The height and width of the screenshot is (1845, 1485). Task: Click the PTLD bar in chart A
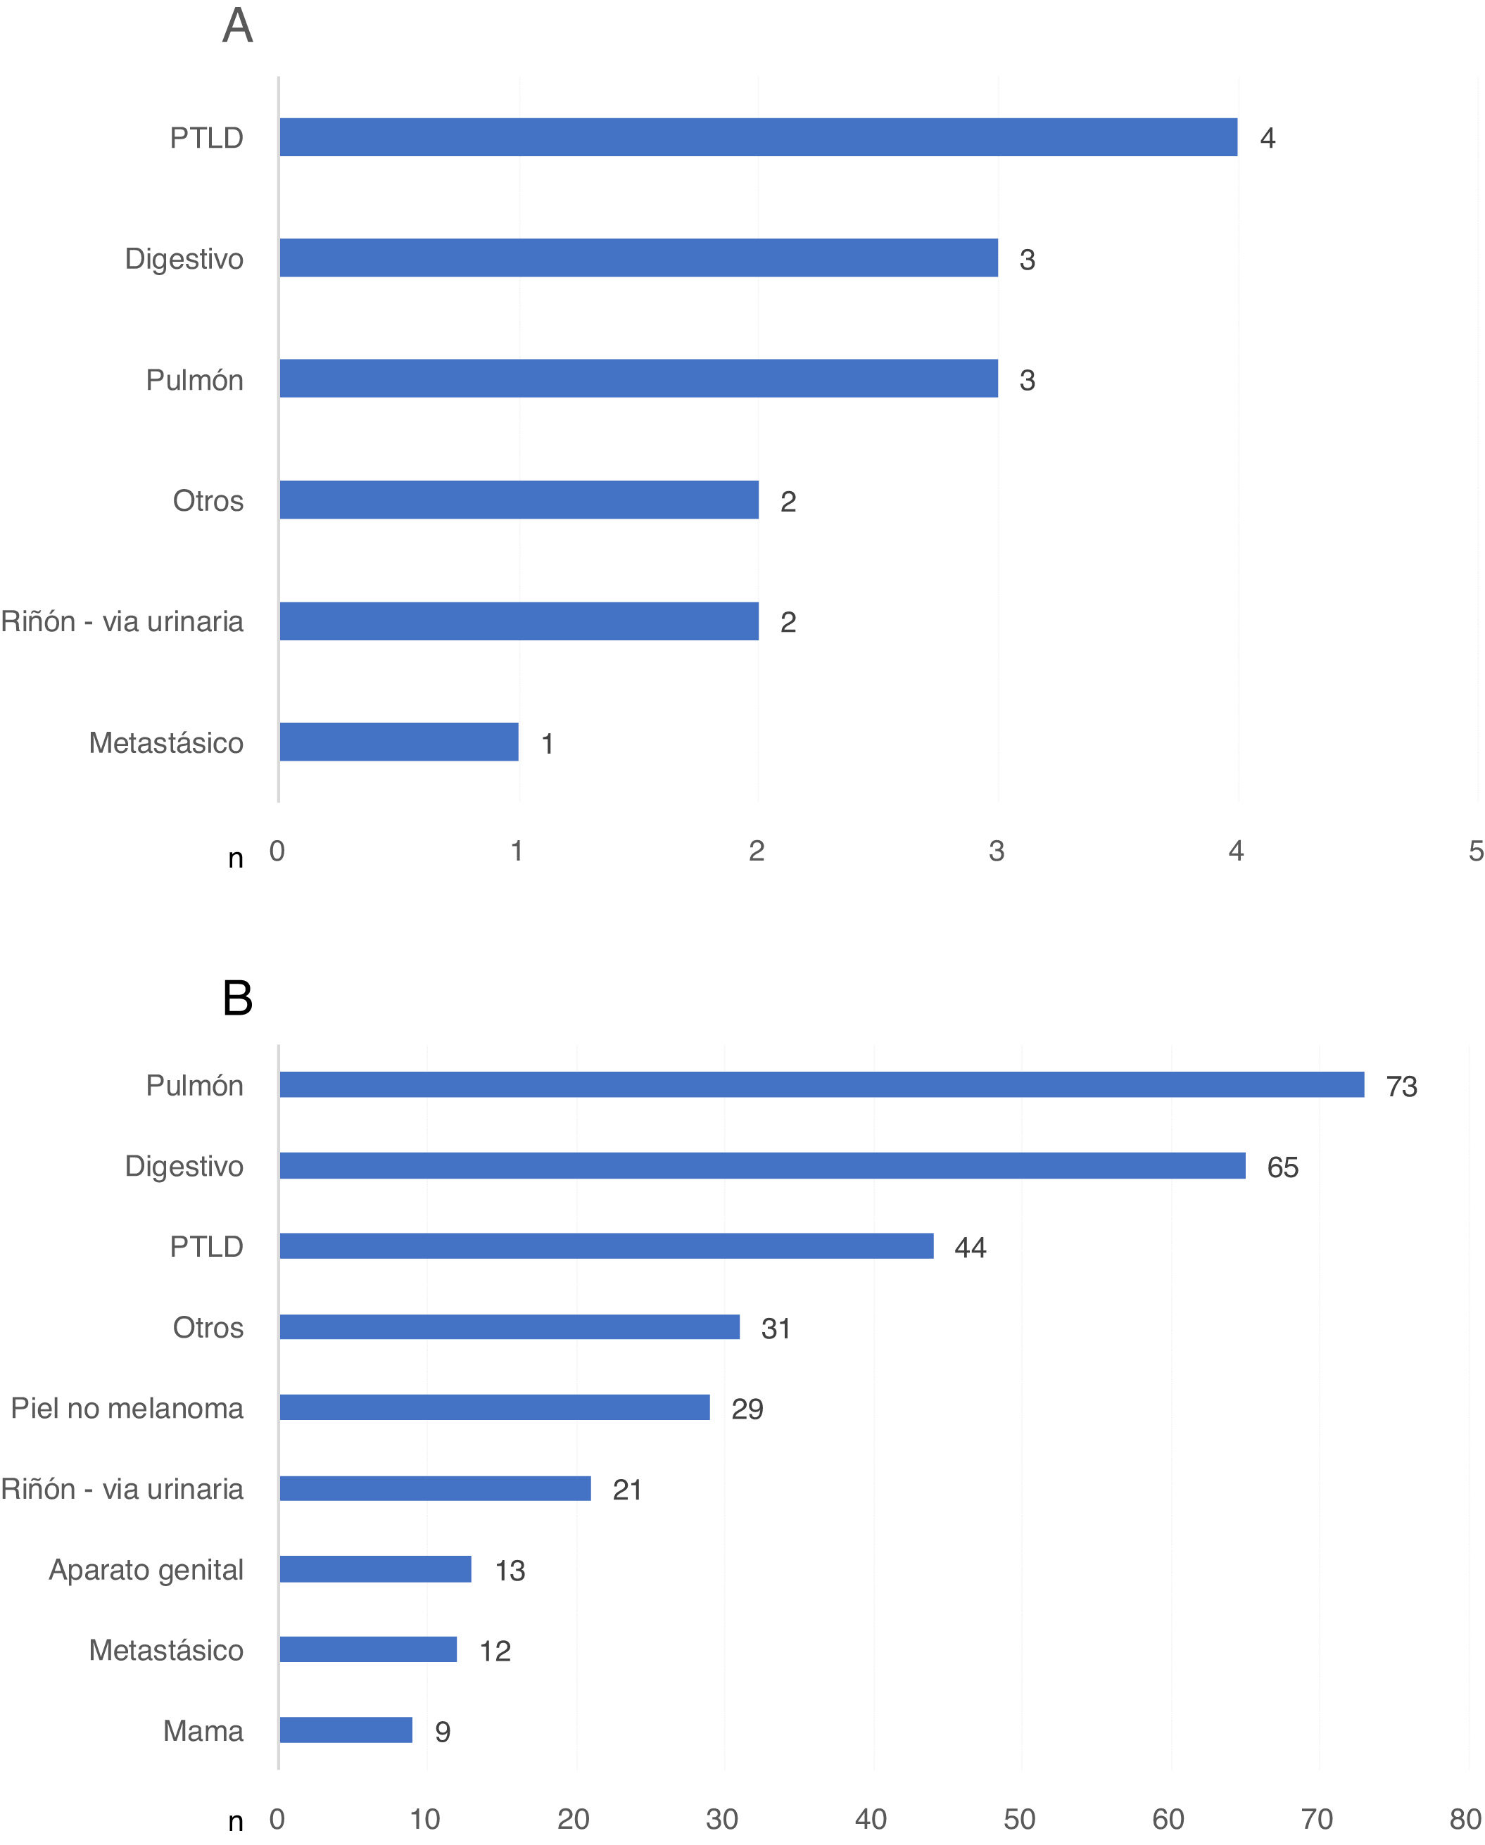point(757,137)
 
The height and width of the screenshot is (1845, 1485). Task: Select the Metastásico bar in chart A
point(399,742)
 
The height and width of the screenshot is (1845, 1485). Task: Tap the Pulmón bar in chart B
point(821,1084)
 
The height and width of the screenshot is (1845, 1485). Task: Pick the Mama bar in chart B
point(346,1730)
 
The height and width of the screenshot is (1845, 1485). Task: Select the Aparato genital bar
point(375,1568)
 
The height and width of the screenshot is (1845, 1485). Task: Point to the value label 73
point(1401,1086)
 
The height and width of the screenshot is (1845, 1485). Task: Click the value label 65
point(1282,1167)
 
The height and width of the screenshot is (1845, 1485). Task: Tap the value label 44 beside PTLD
point(970,1248)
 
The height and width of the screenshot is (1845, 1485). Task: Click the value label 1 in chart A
point(548,744)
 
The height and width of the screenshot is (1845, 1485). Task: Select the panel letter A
point(237,25)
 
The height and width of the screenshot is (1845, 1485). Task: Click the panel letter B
point(237,998)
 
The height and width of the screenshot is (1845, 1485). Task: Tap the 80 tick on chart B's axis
point(1465,1818)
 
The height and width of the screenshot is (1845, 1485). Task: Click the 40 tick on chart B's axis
point(871,1818)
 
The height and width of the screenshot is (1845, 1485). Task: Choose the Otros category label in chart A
point(208,500)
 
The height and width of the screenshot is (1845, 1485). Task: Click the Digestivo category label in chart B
point(184,1167)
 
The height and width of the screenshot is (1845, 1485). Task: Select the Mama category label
point(203,1730)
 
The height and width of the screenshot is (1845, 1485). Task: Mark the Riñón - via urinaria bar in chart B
point(435,1488)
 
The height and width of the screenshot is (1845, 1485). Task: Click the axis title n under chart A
point(235,858)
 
